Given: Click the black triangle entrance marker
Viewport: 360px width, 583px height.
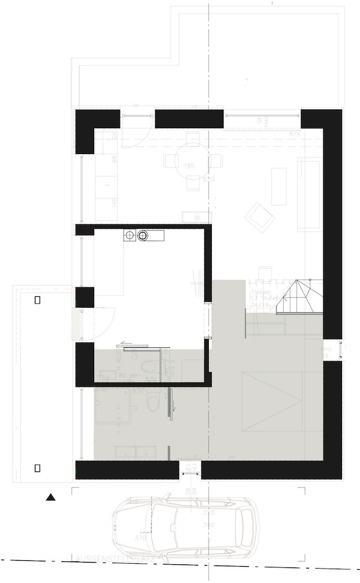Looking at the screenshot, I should tap(50, 497).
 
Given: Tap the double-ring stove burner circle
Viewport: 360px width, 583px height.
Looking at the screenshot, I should tap(143, 235).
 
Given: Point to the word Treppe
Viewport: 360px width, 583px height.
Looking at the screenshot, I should tap(259, 292).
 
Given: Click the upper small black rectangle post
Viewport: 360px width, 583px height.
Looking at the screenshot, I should tap(38, 300).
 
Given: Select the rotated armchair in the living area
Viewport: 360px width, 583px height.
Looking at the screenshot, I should tap(262, 215).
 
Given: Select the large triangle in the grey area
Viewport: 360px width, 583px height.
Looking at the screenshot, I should tap(270, 401).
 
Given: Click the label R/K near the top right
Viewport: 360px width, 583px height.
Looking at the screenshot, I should tap(294, 134).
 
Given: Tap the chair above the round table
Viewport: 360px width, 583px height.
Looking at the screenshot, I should tap(192, 140).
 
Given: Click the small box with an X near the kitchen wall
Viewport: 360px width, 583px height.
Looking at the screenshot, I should tap(196, 217).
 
